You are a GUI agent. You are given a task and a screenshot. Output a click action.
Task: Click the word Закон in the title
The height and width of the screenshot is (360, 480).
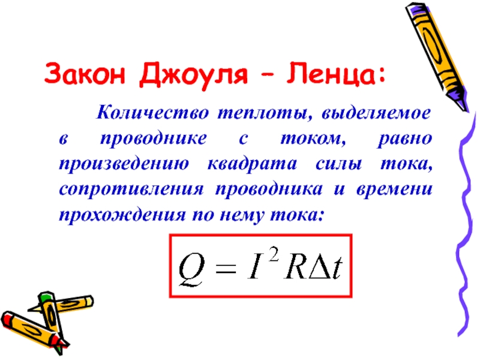(85, 74)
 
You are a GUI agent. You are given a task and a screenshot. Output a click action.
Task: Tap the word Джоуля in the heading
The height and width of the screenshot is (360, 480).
(193, 76)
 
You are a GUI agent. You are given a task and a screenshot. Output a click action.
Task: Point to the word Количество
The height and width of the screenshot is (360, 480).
(153, 113)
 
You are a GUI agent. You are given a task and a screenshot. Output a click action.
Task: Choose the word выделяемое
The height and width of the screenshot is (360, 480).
(376, 113)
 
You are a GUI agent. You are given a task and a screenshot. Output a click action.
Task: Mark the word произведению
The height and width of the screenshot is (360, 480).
(124, 164)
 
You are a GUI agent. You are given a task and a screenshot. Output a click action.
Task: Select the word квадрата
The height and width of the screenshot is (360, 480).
(252, 164)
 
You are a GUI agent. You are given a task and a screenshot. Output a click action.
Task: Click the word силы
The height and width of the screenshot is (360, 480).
(338, 164)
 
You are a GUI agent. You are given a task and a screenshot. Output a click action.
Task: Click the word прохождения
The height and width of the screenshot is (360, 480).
(122, 215)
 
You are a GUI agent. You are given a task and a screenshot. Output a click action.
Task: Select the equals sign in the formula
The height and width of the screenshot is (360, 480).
(226, 268)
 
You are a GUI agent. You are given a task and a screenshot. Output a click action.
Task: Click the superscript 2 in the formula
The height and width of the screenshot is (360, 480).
(274, 255)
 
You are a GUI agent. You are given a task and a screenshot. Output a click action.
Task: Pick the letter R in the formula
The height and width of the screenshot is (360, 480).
(295, 267)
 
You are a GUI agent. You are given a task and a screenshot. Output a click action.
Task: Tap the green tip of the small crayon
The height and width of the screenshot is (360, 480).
(46, 296)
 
